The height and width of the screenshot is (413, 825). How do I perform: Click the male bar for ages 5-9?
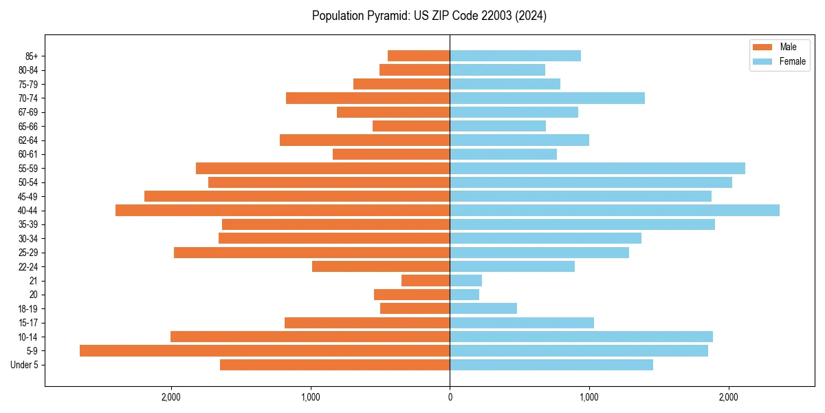point(265,350)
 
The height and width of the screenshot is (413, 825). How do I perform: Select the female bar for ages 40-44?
point(615,210)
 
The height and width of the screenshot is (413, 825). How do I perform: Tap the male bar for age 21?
point(426,280)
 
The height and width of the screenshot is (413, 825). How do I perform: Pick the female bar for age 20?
point(465,295)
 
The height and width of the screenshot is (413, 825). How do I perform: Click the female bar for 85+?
point(515,56)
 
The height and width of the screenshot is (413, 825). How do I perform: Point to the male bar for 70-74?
point(368,98)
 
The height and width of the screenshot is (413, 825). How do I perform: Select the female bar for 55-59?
point(597,168)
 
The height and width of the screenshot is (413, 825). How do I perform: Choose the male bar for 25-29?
point(311,253)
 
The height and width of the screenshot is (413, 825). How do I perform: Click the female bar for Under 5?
point(551,365)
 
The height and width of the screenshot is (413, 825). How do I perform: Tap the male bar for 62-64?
point(364,140)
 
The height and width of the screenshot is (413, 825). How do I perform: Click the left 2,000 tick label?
point(170,397)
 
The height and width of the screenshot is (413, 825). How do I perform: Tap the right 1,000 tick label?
point(589,397)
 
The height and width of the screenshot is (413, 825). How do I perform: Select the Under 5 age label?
point(24,365)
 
